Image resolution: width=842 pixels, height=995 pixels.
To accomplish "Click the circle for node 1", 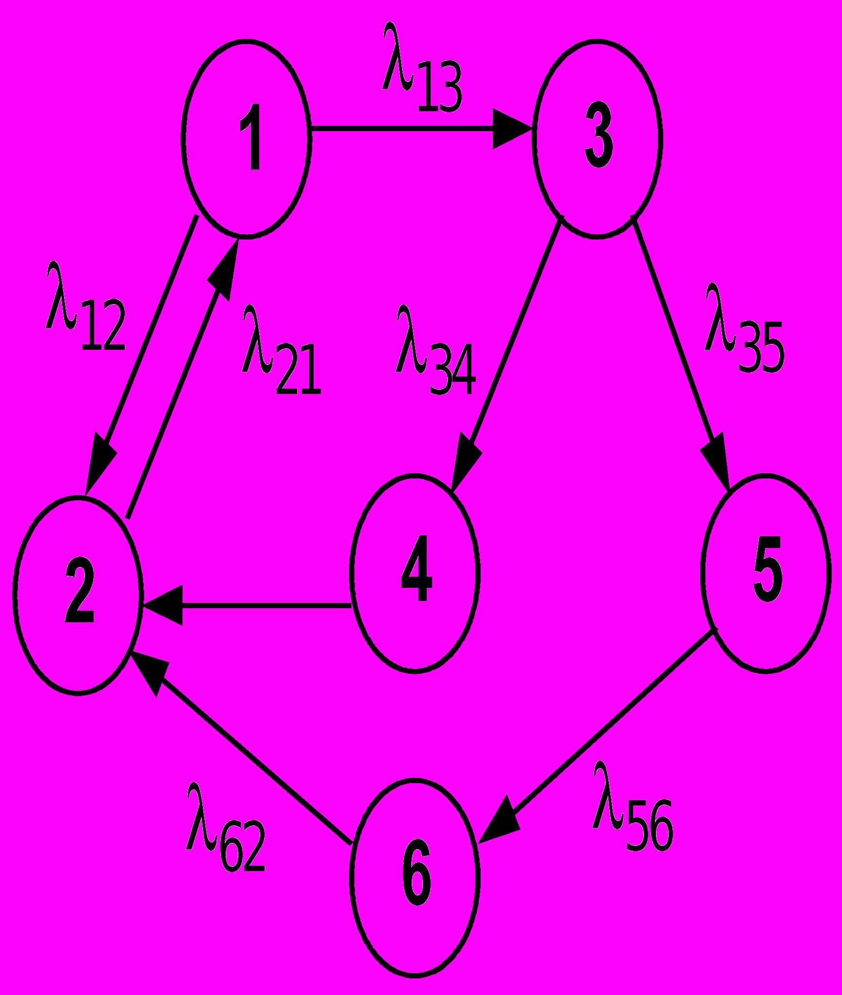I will [247, 139].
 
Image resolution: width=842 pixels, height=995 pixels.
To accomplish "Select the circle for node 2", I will [78, 596].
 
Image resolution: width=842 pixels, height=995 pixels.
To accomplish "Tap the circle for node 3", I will [597, 139].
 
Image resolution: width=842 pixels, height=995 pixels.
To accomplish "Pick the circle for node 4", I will [415, 573].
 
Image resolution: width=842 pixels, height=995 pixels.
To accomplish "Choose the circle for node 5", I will [766, 573].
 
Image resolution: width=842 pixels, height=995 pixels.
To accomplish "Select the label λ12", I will [85, 308].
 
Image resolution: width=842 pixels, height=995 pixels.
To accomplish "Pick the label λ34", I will [435, 352].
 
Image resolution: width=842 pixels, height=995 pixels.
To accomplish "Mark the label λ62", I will [225, 829].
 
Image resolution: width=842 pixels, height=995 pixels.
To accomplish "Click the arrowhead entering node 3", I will [512, 129].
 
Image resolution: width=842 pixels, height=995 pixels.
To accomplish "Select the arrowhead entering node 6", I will [500, 823].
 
